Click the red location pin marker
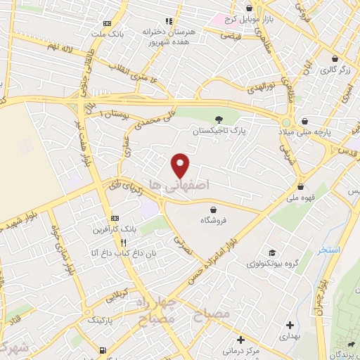(181, 165)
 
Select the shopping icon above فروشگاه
(213, 210)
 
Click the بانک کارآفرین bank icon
(116, 219)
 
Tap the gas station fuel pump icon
(103, 349)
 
